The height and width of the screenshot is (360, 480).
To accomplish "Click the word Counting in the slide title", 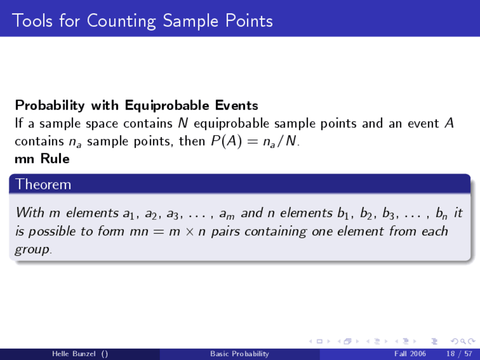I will coord(121,21).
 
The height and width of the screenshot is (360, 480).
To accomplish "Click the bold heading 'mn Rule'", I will coord(42,159).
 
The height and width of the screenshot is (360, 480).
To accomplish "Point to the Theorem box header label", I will coord(43,184).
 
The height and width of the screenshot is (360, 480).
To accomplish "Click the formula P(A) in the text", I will coord(226,141).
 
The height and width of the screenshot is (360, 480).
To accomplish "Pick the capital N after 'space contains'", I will coord(183,123).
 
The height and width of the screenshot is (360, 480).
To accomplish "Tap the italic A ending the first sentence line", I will coord(449,123).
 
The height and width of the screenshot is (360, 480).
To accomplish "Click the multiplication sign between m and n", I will coord(190,231).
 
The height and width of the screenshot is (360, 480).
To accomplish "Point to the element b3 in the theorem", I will coord(388,213).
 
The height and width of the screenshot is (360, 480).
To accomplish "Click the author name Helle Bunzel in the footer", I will coord(74,354).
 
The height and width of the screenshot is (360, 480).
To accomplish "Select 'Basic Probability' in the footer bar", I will coord(239,354).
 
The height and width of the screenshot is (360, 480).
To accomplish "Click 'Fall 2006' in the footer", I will coord(410,354).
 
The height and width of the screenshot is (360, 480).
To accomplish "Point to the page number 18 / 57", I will coord(459,354).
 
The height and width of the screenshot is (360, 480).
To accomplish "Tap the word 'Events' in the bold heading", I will coord(237,106).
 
